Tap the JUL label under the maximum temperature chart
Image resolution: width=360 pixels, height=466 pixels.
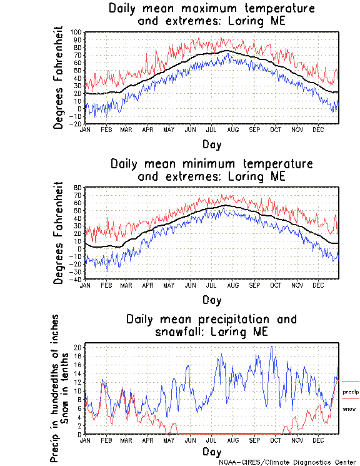pyautogui.click(x=211, y=129)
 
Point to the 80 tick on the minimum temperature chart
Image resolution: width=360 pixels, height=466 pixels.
pyautogui.click(x=78, y=188)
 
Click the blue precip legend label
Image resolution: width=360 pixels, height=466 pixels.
pyautogui.click(x=351, y=391)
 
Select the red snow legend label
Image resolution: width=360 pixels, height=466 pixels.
pyautogui.click(x=349, y=408)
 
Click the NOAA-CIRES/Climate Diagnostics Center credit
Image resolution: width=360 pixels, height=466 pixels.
pyautogui.click(x=287, y=462)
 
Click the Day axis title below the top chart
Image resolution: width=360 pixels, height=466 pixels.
pyautogui.click(x=211, y=144)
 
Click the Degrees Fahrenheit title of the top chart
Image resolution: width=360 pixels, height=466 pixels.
pyautogui.click(x=59, y=78)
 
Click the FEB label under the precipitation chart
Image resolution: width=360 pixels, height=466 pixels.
pyautogui.click(x=105, y=440)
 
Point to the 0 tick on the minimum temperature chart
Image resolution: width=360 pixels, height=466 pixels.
pyautogui.click(x=80, y=248)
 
